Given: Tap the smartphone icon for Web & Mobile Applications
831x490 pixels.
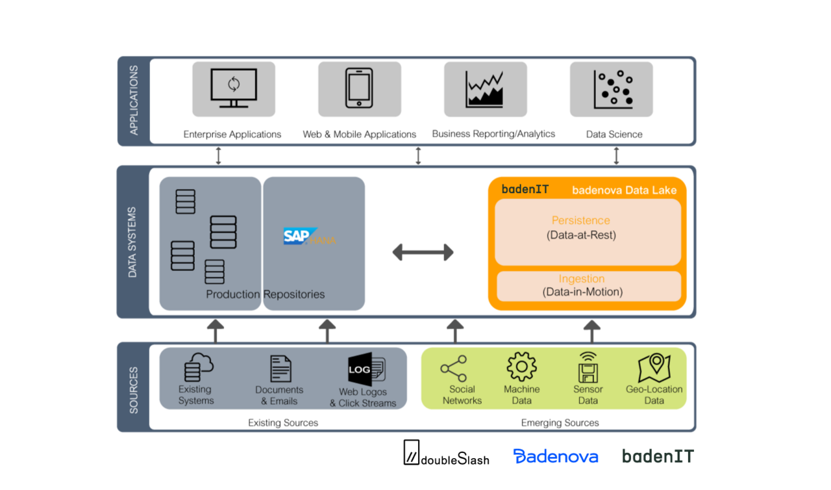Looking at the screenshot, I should [359, 88].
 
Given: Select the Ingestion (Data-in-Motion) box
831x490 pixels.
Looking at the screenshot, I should [588, 286].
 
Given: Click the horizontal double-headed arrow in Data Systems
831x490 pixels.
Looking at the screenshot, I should [423, 252].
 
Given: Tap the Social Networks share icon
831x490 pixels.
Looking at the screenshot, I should [453, 368].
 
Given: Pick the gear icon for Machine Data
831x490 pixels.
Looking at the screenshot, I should [521, 367].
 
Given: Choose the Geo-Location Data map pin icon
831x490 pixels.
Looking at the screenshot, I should [654, 368].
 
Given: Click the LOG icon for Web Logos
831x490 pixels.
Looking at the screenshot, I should [366, 369].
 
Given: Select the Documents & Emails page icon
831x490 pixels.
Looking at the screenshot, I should [280, 368].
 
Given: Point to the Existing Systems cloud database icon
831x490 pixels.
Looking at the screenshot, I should [198, 367].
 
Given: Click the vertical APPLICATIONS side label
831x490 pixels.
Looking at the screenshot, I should [134, 100].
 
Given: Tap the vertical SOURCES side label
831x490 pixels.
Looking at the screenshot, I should [134, 390].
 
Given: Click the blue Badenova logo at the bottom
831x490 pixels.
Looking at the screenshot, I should [555, 456].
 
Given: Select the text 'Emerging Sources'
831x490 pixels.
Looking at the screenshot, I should [560, 423].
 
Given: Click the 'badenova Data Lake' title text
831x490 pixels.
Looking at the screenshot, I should [624, 190].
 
